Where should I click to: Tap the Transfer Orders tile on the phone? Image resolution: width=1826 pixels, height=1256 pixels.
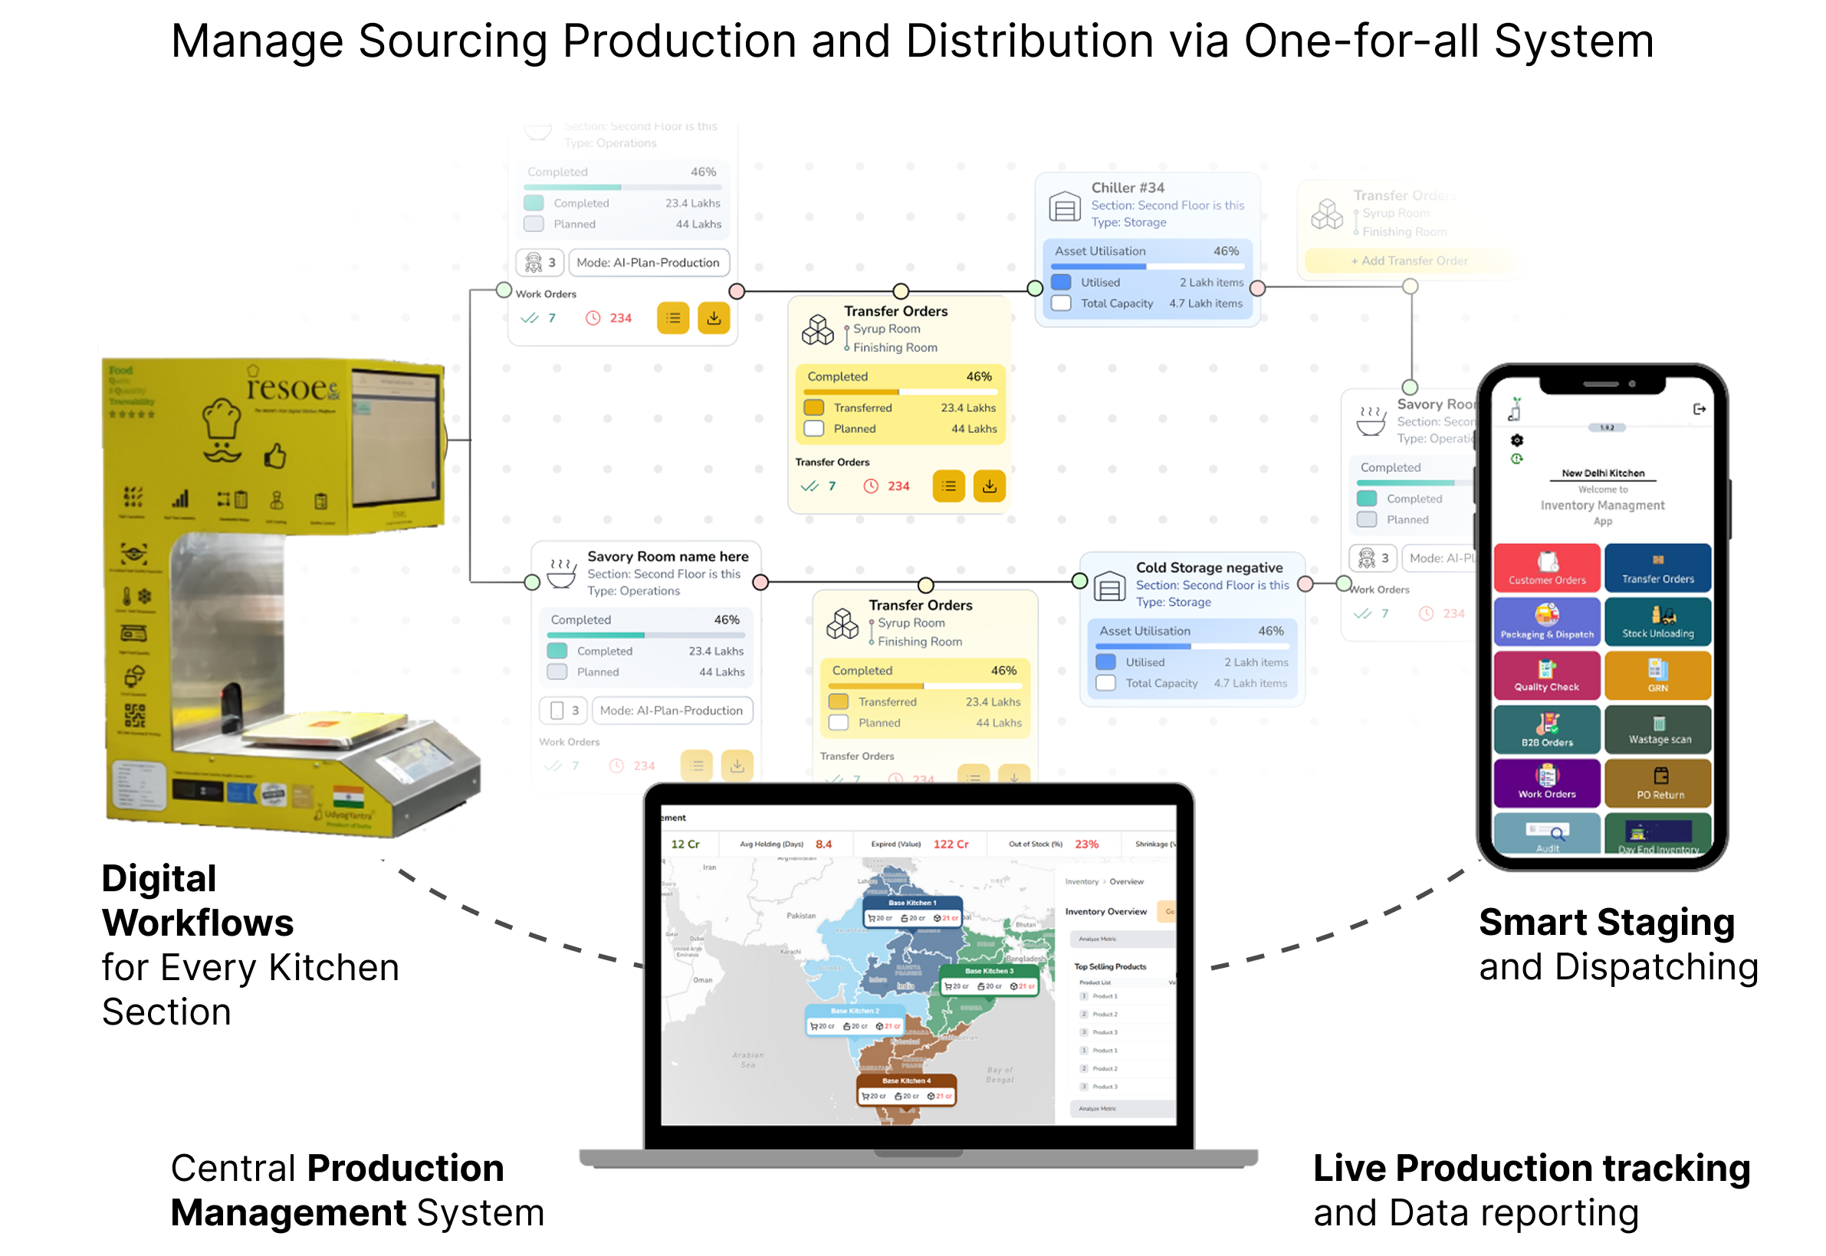(x=1657, y=567)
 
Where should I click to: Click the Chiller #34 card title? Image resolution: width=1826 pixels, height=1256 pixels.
(x=1127, y=187)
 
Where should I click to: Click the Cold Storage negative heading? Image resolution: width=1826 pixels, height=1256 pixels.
(x=1208, y=567)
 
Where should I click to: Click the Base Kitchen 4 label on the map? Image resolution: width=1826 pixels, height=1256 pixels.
(x=905, y=1081)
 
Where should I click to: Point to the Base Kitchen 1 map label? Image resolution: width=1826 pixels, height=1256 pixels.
(x=911, y=903)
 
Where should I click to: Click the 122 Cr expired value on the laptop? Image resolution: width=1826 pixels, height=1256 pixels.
(x=950, y=844)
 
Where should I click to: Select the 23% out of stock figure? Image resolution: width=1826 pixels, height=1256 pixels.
(x=1086, y=844)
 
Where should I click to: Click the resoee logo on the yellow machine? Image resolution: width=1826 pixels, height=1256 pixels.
(x=291, y=388)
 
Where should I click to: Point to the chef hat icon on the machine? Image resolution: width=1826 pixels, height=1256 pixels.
(x=222, y=417)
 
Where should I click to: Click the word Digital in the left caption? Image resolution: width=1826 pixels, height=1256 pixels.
(x=158, y=878)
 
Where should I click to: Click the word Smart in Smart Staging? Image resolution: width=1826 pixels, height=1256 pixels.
(x=1531, y=923)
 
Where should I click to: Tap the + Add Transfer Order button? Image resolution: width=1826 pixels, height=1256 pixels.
(x=1409, y=261)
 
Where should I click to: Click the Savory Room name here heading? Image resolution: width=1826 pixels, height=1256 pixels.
(x=667, y=556)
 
